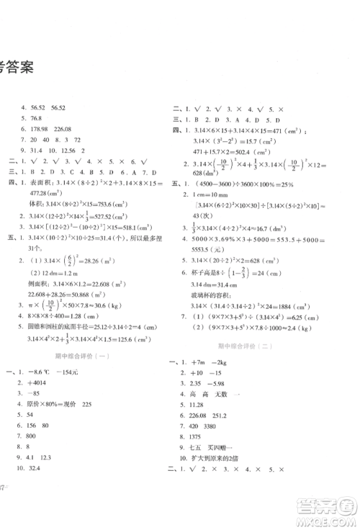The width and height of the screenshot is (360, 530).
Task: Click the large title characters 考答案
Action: (x=22, y=69)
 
